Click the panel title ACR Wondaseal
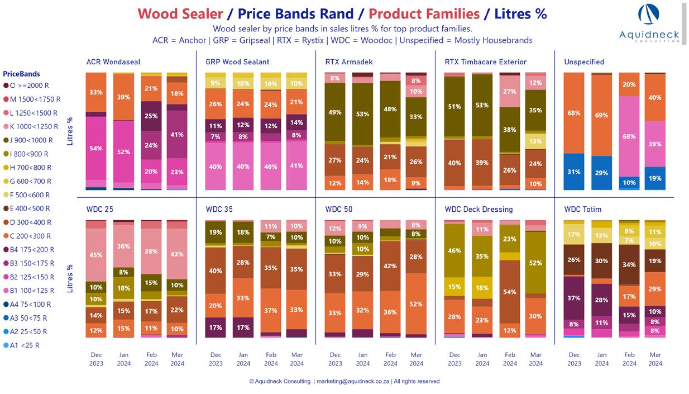tap(113, 62)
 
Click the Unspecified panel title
tap(583, 62)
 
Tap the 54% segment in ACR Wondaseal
tap(95, 148)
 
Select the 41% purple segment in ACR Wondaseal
tap(178, 134)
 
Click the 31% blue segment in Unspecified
tap(574, 172)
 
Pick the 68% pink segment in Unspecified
tap(629, 136)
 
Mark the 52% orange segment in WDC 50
tap(417, 303)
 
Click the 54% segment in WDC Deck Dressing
tap(510, 292)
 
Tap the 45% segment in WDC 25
tap(95, 255)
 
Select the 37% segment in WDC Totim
tap(574, 298)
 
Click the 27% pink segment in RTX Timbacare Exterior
tap(510, 92)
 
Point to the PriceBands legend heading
tap(21, 74)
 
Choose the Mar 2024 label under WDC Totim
tap(655, 359)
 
